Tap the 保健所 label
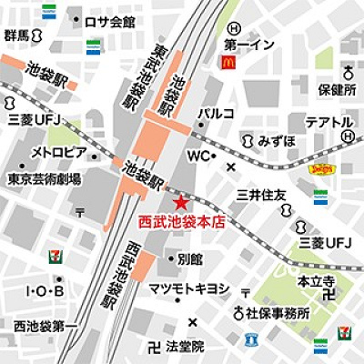point(336,92)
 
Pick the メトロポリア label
point(59,151)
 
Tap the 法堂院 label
point(184,348)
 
